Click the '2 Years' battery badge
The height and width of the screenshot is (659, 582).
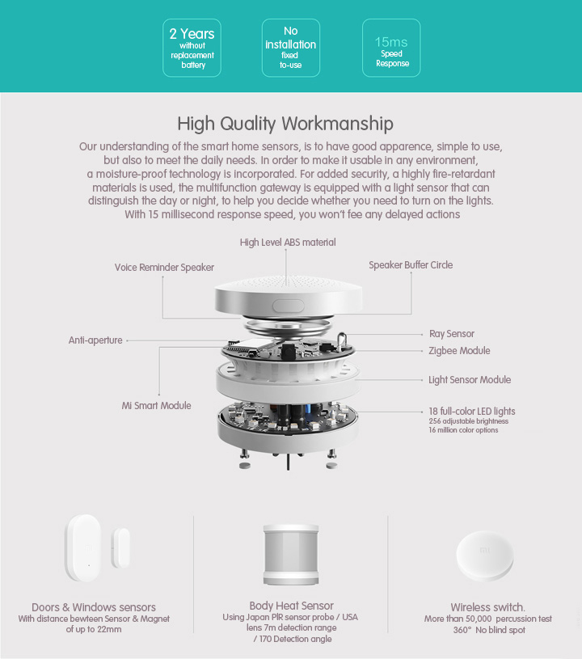pos(192,48)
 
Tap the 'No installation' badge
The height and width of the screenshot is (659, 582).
pos(291,48)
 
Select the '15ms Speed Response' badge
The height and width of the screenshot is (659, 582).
pos(392,49)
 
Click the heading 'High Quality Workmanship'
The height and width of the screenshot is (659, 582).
pos(285,124)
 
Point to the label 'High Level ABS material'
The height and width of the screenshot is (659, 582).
pos(288,243)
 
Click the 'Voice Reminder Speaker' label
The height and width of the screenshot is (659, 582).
pos(164,268)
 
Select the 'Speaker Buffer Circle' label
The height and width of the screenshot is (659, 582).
pos(411,265)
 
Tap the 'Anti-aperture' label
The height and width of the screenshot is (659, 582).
pos(95,340)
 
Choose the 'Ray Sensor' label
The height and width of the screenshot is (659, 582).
pos(451,334)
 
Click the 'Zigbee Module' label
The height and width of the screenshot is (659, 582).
pos(459,351)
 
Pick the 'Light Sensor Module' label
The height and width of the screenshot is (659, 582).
pos(470,380)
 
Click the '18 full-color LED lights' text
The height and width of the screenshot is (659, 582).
pos(472,412)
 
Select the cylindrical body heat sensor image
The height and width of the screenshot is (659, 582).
pos(291,555)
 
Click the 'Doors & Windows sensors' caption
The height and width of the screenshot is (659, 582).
pos(94,607)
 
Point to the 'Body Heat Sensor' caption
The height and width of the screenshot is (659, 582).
pos(291,605)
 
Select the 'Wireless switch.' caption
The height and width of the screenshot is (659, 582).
pos(487,607)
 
